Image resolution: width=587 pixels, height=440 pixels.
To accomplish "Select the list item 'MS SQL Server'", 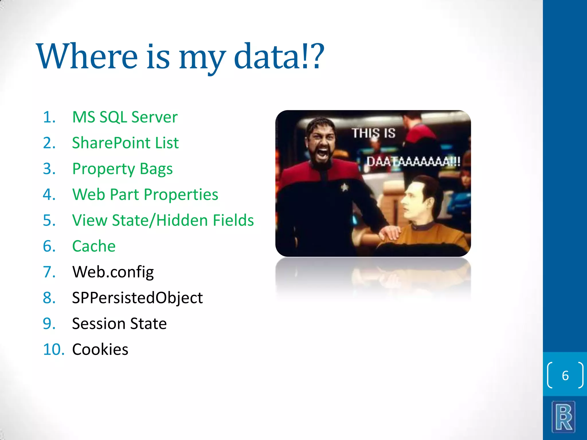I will [125, 117].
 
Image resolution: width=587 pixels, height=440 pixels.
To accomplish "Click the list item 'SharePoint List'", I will [125, 143].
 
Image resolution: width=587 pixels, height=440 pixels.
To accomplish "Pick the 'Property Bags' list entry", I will [122, 169].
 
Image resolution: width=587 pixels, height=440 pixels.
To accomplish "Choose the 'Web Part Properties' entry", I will [145, 195].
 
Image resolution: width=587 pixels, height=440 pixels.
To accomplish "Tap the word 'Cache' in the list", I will [94, 246].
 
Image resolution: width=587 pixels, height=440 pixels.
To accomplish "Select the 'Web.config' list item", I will [113, 272].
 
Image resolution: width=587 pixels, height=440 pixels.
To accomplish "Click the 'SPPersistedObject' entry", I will [137, 298].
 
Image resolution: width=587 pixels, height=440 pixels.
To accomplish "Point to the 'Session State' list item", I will [119, 324].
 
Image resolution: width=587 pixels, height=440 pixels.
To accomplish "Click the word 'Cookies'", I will [100, 349].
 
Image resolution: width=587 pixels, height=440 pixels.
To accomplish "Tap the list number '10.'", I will [54, 349].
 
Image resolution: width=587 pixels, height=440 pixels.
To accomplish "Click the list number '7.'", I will [49, 272].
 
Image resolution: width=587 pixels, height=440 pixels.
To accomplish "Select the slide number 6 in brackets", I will [565, 376].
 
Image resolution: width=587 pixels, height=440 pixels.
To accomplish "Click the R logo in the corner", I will [563, 417].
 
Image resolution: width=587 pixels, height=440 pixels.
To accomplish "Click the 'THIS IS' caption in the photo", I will [373, 133].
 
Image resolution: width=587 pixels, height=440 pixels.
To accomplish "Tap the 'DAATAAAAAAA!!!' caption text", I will [413, 162].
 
